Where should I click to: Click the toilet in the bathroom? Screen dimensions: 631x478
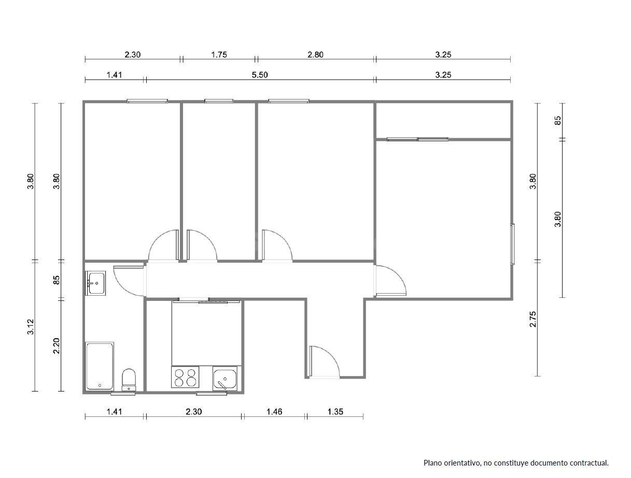pos(129,380)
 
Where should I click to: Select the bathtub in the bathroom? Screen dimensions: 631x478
pos(100,366)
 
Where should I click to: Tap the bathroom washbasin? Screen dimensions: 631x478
pos(96,283)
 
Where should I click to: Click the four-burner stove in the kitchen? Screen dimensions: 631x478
pos(185,377)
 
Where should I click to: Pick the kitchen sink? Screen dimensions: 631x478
pos(225,379)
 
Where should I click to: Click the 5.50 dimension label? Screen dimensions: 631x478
pos(260,75)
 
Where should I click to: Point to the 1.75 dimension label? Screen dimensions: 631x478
pos(219,54)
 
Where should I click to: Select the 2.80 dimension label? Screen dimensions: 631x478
pos(315,54)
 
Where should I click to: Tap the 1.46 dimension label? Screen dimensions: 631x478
pos(274,412)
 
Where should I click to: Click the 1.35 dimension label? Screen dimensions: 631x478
pos(335,412)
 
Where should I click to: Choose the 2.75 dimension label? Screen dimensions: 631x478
pos(533,319)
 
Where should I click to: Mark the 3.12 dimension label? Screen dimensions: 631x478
pos(31,327)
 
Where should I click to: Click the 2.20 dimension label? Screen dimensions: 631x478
pos(57,346)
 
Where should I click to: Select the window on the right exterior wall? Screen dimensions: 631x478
pos(512,244)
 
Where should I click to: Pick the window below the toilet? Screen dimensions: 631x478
pos(123,393)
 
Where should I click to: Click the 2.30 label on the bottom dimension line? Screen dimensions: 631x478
pos(193,412)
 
